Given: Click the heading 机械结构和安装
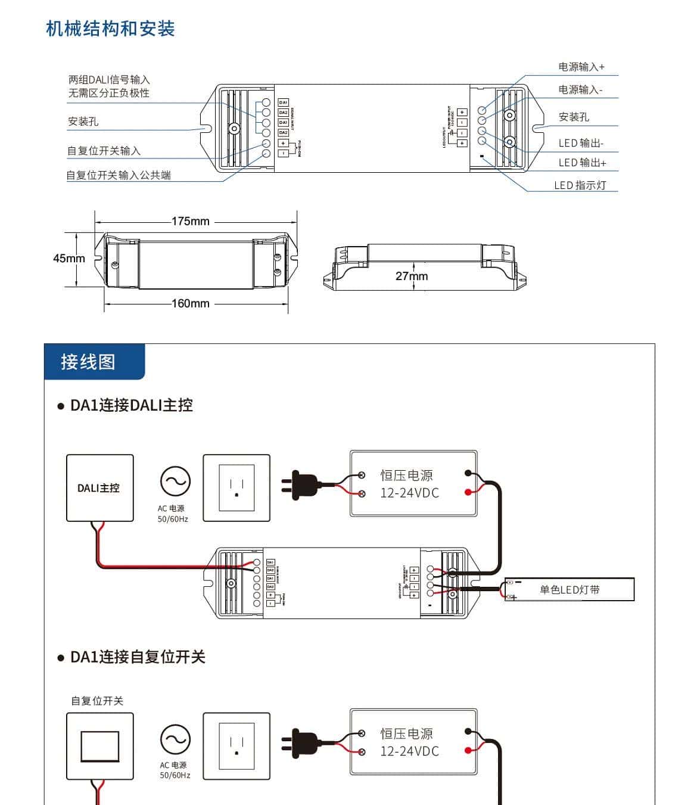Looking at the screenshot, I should [110, 29].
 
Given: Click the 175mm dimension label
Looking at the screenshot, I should [190, 221].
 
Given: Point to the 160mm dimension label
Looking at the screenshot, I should [190, 303].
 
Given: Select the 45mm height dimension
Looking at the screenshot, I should [69, 259].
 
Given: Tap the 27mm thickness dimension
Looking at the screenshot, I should [411, 276].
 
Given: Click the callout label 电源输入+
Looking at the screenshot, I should [581, 67].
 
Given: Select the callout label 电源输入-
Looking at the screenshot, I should [580, 89].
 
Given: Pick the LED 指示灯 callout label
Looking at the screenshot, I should [580, 185].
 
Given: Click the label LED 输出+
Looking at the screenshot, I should [582, 163].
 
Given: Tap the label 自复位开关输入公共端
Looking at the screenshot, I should [119, 175].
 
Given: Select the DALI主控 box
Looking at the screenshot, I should [99, 488].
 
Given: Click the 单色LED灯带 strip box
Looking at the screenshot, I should [569, 589].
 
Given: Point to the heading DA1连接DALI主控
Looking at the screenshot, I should [131, 405].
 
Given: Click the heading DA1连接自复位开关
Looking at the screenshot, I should [138, 657].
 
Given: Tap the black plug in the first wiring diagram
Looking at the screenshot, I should [303, 485].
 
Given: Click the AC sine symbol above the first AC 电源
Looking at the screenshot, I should [175, 481].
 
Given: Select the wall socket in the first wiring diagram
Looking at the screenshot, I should [237, 488].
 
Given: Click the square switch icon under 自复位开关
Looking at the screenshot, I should [99, 746].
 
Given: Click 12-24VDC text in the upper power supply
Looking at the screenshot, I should [409, 493].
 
